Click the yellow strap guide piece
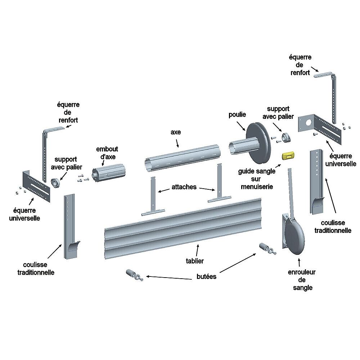point(288,156)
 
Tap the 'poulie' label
point(237,114)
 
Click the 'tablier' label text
point(194,261)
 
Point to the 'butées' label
point(206,276)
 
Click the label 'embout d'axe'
point(107,152)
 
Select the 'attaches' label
point(184,187)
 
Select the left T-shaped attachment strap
point(153,198)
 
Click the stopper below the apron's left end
point(134,275)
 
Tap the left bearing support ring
point(55,183)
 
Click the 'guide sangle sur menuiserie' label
point(257,179)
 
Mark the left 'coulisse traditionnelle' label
point(36,269)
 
